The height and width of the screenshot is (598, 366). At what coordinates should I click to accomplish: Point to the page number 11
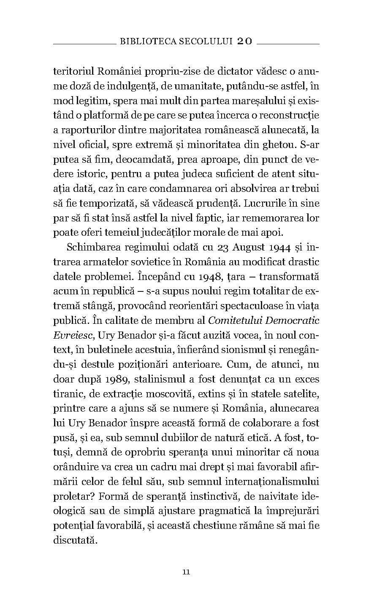187,572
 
